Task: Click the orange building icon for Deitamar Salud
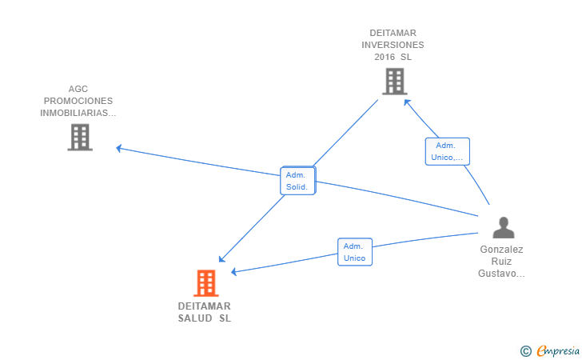[x=206, y=283]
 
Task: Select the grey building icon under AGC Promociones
[x=80, y=137]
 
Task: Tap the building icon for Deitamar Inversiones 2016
[x=395, y=82]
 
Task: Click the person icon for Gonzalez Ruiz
[x=504, y=227]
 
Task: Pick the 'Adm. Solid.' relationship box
[x=297, y=181]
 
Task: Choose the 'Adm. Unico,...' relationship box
[x=447, y=151]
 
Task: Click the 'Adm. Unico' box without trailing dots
[x=355, y=252]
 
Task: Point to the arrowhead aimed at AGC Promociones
[x=119, y=149]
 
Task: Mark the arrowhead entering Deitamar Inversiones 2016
[x=407, y=102]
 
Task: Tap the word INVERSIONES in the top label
[x=393, y=45]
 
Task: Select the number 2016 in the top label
[x=385, y=57]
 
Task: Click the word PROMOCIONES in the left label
[x=78, y=101]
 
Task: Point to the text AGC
[x=78, y=89]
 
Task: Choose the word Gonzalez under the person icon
[x=501, y=250]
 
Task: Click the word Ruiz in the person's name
[x=501, y=261]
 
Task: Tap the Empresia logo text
[x=558, y=350]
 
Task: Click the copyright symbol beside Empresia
[x=525, y=351]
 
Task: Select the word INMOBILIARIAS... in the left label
[x=78, y=113]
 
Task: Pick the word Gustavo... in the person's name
[x=501, y=274]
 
